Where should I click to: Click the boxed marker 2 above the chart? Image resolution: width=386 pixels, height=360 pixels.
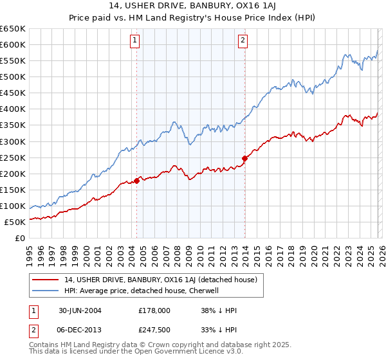click(243, 40)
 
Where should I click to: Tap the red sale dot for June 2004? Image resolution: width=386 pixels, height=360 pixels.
click(137, 181)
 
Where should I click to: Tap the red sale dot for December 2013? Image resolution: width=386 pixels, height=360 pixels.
click(244, 158)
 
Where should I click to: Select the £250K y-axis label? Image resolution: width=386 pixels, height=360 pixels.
click(13, 157)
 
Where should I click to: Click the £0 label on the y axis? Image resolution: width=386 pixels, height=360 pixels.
click(20, 238)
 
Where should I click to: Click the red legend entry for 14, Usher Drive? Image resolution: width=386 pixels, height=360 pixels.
click(160, 280)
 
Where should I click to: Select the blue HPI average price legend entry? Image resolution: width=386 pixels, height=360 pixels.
click(142, 291)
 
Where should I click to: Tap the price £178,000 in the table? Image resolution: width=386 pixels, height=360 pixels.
click(154, 310)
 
